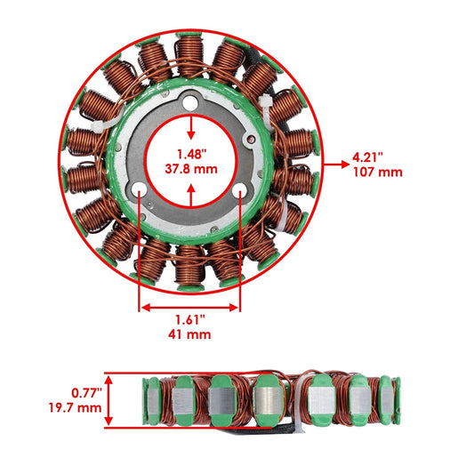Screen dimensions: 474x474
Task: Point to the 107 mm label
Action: [377, 172]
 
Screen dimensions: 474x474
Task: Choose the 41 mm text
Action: [189, 335]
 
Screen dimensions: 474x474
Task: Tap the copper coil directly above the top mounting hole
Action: [189, 55]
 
